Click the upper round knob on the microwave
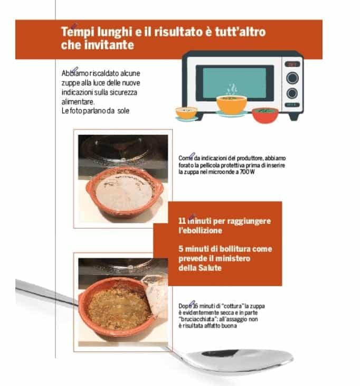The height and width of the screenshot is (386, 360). [x=292, y=78]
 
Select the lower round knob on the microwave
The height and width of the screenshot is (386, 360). [x=292, y=93]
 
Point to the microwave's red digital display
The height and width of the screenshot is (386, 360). [x=292, y=64]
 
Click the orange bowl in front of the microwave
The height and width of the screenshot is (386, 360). [x=231, y=105]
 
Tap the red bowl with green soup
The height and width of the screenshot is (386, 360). [x=265, y=115]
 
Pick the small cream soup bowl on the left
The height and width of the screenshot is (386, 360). [x=186, y=113]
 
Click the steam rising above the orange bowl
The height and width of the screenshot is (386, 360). [x=232, y=90]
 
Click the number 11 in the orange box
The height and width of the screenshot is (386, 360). [x=182, y=221]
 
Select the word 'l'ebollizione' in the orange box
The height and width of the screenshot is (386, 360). [x=200, y=230]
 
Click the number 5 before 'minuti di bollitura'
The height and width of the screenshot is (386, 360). [x=181, y=249]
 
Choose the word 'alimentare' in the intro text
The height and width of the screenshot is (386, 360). [x=78, y=102]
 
